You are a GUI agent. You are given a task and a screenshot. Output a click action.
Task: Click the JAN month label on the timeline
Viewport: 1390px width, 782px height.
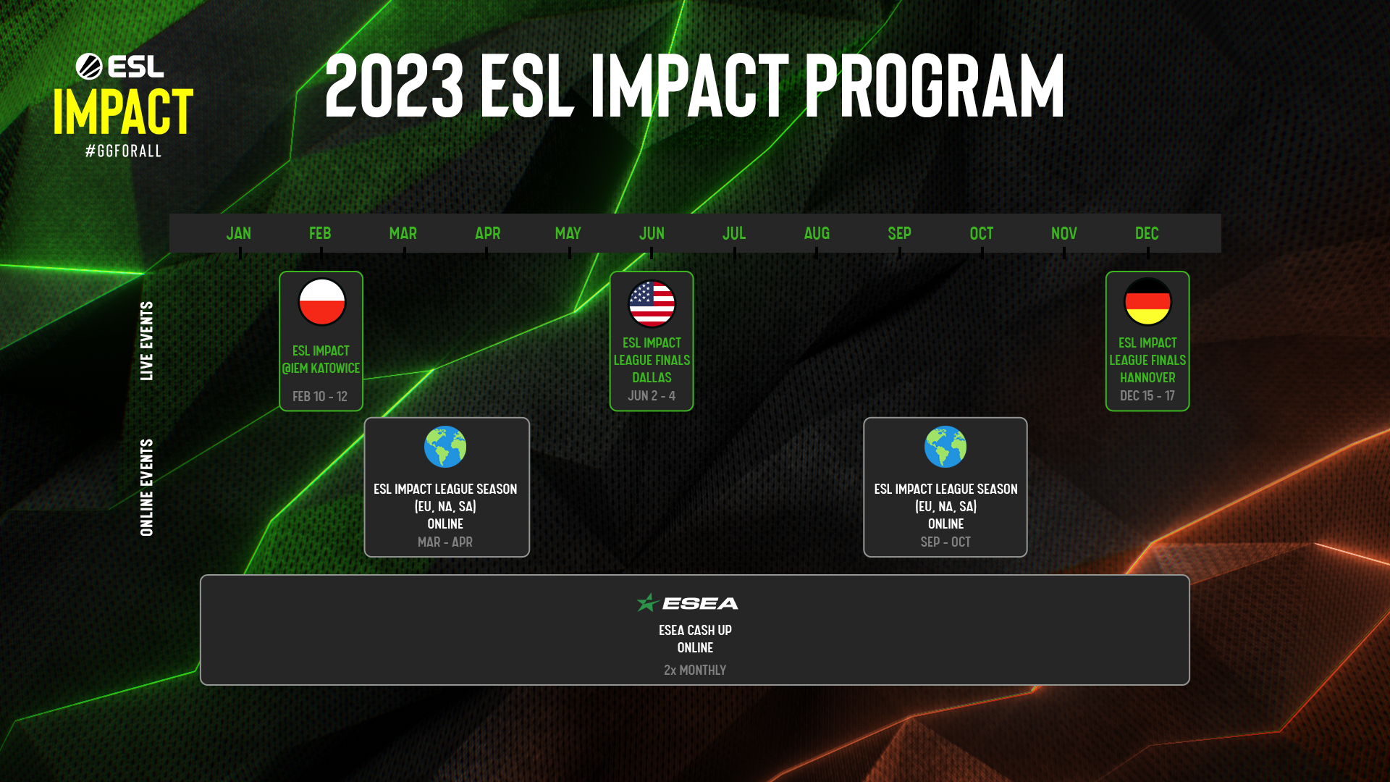coord(238,233)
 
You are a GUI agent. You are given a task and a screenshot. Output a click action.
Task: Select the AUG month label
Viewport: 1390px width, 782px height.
coord(817,233)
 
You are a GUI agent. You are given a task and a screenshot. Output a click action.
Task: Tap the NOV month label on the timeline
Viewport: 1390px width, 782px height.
coord(1063,233)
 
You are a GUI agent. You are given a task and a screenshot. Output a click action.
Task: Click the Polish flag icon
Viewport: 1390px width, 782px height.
coord(322,302)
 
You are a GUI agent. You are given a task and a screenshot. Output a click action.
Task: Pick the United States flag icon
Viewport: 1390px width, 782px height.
coord(652,303)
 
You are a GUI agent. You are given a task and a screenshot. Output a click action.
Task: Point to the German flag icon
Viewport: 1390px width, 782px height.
coord(1147,302)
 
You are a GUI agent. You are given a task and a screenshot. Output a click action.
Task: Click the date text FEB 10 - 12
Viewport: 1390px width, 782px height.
coord(320,396)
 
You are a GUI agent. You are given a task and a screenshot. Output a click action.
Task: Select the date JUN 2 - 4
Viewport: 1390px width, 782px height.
coord(651,395)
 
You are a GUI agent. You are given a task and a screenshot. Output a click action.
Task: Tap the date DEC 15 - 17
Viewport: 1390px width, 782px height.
coord(1147,395)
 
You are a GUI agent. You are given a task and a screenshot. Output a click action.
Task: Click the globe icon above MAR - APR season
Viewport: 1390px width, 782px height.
coord(445,447)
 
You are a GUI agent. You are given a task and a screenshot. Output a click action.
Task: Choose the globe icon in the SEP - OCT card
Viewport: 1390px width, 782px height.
coord(945,447)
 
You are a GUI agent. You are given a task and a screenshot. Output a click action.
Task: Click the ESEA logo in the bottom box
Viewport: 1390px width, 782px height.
coord(688,602)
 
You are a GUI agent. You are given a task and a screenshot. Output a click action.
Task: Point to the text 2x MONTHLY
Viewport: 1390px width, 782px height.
coord(694,670)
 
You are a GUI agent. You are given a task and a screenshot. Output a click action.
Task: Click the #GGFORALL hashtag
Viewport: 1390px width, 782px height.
coord(124,151)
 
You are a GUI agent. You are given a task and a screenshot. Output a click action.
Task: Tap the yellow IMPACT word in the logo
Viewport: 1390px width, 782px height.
coord(123,112)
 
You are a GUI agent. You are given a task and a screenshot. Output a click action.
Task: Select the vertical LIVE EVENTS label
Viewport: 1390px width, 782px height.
coord(147,341)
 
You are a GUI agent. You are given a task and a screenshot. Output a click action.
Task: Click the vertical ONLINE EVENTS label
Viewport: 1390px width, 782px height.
coord(147,487)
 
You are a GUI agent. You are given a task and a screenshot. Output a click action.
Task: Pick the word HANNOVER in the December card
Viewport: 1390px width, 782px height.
coord(1147,377)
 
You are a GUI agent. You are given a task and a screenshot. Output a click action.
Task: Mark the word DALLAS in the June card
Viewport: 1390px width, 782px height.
coord(652,377)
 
